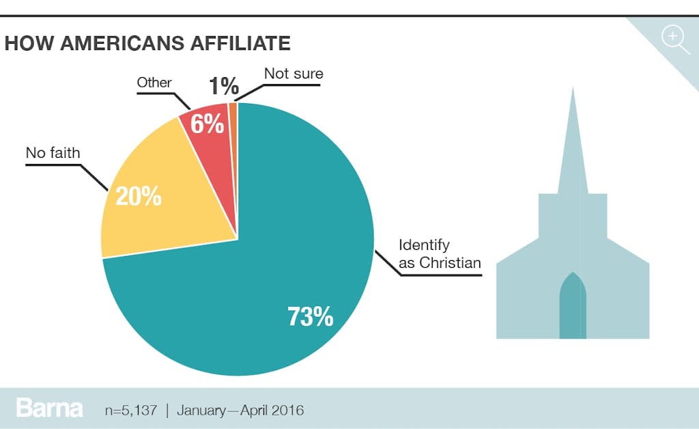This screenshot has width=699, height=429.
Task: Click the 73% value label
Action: [x=311, y=317]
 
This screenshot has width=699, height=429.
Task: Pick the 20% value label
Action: [x=139, y=197]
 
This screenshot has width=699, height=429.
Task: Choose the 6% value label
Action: [x=207, y=124]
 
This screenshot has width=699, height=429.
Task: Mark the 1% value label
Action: [x=224, y=86]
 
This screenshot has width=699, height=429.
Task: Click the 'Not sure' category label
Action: [x=294, y=74]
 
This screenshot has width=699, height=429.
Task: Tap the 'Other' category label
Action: [x=154, y=83]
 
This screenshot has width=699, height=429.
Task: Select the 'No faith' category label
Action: [x=53, y=152]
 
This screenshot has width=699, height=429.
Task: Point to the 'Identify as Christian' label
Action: [x=440, y=253]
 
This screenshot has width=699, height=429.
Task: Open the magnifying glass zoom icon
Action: [x=675, y=38]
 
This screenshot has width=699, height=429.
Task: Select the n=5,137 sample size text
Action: [x=130, y=411]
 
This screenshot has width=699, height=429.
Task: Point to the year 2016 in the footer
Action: [x=287, y=411]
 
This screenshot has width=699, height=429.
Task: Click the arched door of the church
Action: [x=573, y=307]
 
